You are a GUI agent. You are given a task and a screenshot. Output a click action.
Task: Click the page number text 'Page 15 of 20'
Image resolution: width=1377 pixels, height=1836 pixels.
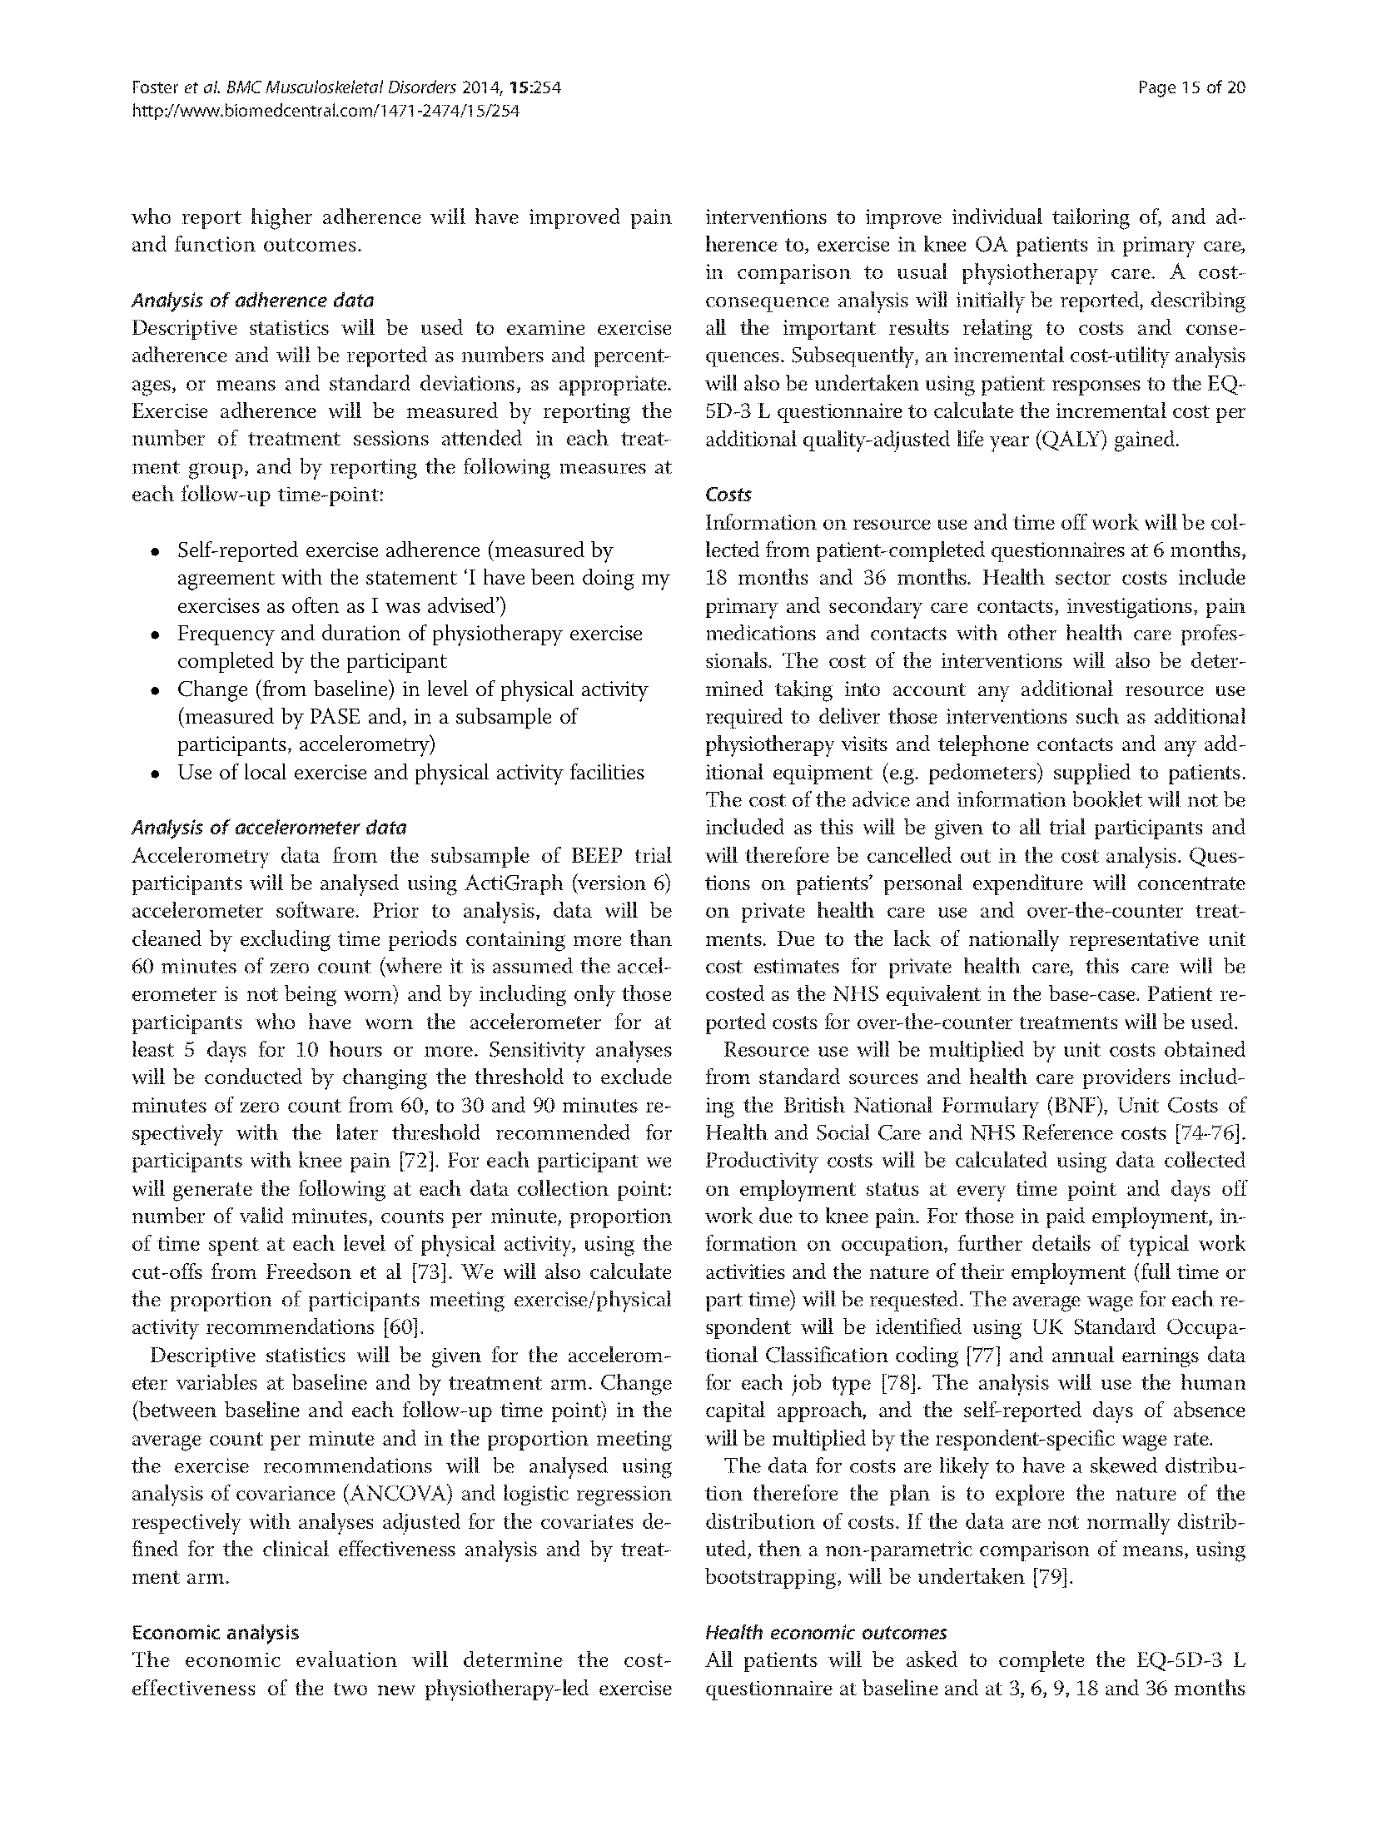pyautogui.click(x=1191, y=87)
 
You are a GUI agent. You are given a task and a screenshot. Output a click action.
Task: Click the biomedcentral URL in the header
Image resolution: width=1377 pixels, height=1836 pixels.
pyautogui.click(x=326, y=111)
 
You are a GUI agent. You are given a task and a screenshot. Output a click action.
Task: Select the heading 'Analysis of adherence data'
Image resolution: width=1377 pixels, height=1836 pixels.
pyautogui.click(x=252, y=300)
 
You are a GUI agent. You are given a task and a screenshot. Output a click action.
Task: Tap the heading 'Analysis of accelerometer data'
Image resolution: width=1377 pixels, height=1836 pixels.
pyautogui.click(x=269, y=828)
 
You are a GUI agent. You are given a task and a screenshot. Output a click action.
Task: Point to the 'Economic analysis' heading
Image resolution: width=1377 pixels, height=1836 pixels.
pyautogui.click(x=215, y=1632)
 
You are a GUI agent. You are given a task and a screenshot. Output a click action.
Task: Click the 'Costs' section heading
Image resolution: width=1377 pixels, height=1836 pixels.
pyautogui.click(x=728, y=495)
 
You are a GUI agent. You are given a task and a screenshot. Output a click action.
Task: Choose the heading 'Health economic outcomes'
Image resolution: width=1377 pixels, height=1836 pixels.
pyautogui.click(x=825, y=1632)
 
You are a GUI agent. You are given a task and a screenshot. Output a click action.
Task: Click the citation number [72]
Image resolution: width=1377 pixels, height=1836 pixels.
pyautogui.click(x=405, y=1161)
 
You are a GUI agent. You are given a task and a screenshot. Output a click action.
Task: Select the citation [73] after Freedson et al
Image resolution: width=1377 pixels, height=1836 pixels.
pyautogui.click(x=431, y=1271)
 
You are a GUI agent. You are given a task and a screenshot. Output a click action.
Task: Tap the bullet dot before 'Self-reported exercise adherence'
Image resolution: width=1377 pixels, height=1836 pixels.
pyautogui.click(x=155, y=552)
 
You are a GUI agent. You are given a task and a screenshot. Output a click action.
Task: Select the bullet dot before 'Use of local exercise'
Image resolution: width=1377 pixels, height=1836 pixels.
pyautogui.click(x=155, y=774)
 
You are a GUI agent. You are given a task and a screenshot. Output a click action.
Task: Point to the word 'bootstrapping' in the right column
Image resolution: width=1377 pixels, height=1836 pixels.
pyautogui.click(x=772, y=1577)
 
